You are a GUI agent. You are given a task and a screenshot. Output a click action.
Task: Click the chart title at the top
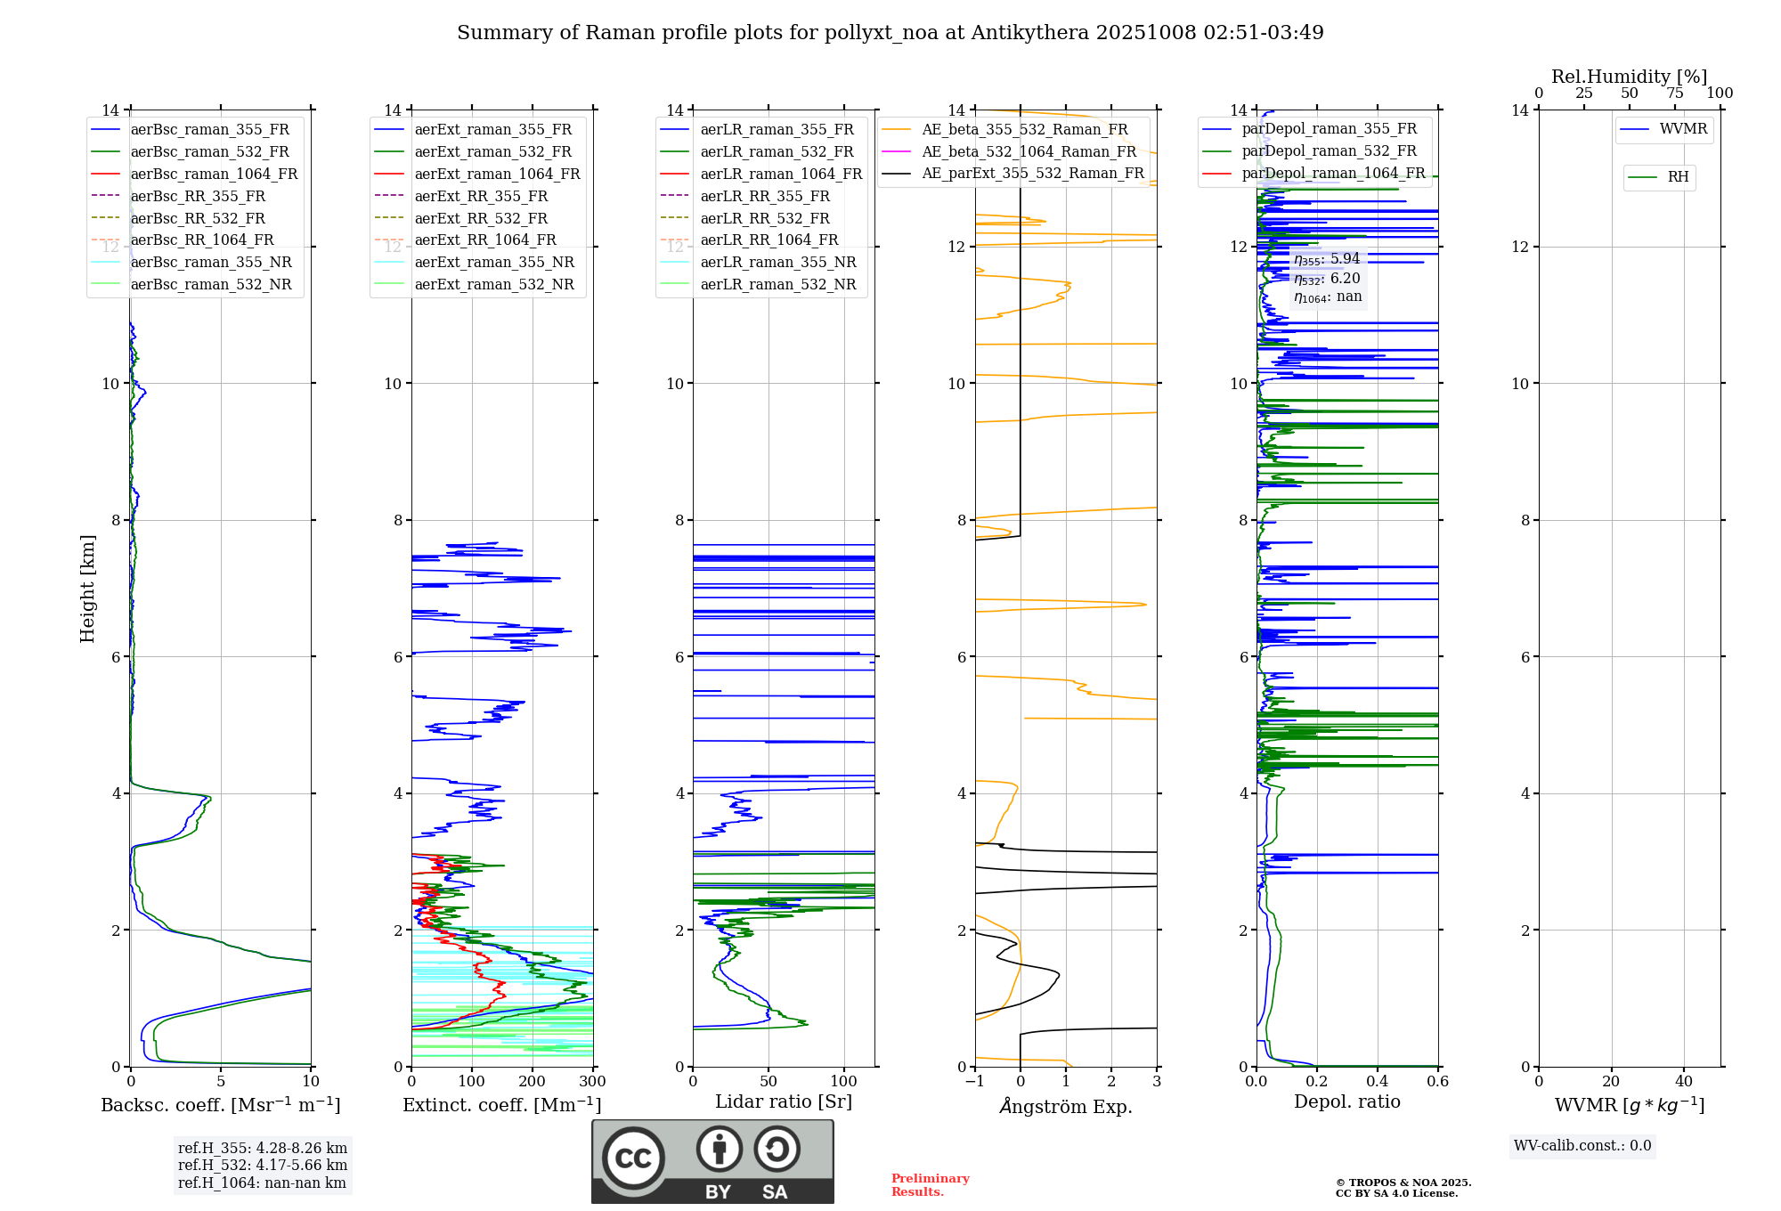pyautogui.click(x=890, y=33)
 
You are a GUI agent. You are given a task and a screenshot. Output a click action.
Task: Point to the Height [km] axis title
pyautogui.click(x=87, y=589)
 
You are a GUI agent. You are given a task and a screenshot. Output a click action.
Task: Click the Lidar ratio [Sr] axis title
pyautogui.click(x=783, y=1102)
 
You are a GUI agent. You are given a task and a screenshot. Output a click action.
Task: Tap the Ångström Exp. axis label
pyautogui.click(x=1065, y=1107)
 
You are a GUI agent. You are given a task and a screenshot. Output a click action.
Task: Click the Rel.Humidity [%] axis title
pyautogui.click(x=1629, y=77)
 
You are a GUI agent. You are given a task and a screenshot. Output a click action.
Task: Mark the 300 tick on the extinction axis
pyautogui.click(x=592, y=1082)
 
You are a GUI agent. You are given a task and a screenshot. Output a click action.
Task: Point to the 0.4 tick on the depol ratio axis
pyautogui.click(x=1377, y=1082)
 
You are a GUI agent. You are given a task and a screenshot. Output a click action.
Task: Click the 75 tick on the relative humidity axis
pyautogui.click(x=1674, y=93)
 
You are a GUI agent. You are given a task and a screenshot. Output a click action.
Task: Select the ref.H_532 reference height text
pyautogui.click(x=262, y=1166)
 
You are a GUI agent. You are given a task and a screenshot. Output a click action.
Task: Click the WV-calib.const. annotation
pyautogui.click(x=1582, y=1146)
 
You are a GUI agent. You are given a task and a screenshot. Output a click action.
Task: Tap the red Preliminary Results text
pyautogui.click(x=930, y=1185)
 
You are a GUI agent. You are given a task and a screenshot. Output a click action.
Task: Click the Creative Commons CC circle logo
pyautogui.click(x=633, y=1158)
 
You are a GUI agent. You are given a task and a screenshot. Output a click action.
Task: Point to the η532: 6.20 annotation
pyautogui.click(x=1327, y=279)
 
